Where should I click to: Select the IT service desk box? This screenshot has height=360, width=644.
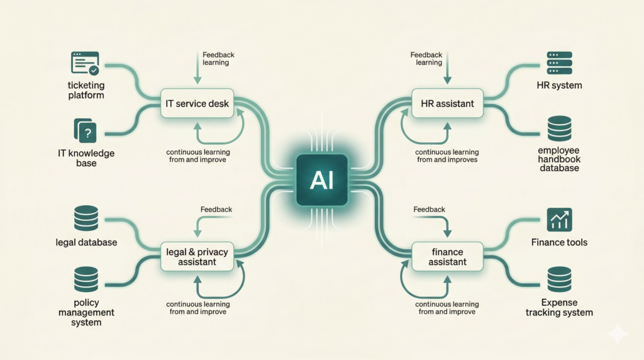(x=198, y=103)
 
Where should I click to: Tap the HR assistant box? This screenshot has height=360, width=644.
(x=447, y=103)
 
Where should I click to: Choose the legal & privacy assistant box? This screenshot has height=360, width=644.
(x=197, y=257)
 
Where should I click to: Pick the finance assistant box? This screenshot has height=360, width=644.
(x=448, y=257)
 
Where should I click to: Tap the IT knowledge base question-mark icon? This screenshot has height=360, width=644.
(x=87, y=132)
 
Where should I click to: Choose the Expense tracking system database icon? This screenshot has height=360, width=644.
(x=559, y=279)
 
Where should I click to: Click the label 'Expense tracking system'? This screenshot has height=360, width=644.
(x=559, y=307)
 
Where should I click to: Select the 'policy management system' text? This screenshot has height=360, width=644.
(x=86, y=312)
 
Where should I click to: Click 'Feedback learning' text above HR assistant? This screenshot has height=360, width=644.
(x=426, y=59)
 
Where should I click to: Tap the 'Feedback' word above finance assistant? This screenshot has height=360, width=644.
(x=430, y=209)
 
